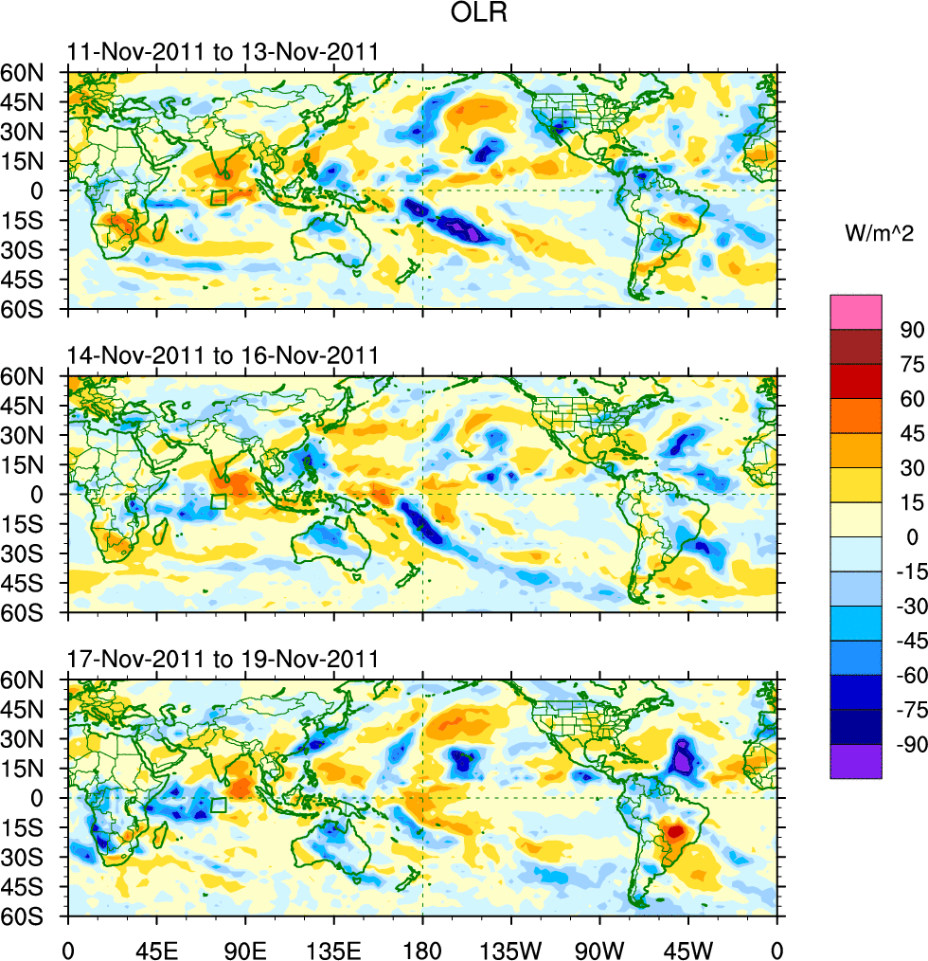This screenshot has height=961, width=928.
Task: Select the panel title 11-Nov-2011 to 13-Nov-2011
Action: [x=223, y=52]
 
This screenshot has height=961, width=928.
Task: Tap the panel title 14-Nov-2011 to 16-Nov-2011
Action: [x=223, y=356]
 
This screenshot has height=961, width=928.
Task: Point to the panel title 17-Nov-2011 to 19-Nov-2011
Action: [x=223, y=660]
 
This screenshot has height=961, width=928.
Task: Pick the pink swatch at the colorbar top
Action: [x=856, y=312]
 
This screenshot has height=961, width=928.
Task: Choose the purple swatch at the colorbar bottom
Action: [x=856, y=761]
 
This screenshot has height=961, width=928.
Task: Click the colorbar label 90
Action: [x=901, y=330]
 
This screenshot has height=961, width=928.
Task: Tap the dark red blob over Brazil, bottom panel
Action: [x=676, y=831]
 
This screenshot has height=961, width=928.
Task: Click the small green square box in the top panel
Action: [x=219, y=198]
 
